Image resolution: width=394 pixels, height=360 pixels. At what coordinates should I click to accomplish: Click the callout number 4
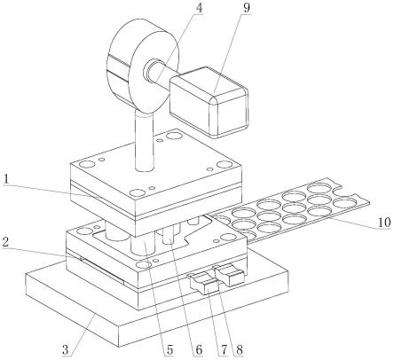(200, 8)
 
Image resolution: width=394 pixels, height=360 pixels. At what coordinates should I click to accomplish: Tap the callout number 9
(246, 8)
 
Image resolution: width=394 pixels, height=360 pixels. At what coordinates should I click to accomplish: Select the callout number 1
(5, 180)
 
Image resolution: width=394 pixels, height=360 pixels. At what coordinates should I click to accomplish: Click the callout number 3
(66, 350)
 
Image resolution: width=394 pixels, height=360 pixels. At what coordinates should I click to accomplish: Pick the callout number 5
(169, 350)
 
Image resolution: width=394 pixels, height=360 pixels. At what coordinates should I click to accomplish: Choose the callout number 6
(199, 350)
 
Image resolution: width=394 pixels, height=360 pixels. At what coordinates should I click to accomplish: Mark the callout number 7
(224, 350)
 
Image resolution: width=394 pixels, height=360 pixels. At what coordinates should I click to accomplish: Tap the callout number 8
(239, 350)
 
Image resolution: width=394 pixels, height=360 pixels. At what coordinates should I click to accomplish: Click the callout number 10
(384, 223)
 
